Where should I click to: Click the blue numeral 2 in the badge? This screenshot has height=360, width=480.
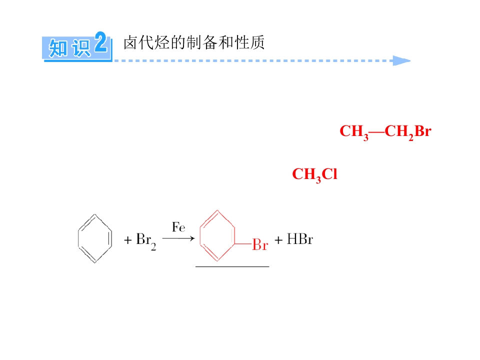[100, 42]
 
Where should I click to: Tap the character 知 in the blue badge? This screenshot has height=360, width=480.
[58, 48]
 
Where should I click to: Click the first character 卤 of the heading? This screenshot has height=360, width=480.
[130, 42]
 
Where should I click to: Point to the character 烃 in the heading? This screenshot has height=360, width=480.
[162, 42]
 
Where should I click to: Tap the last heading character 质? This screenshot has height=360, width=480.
[257, 42]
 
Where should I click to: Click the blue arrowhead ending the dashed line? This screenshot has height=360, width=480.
[401, 60]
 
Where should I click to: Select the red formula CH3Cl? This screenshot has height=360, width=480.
[314, 175]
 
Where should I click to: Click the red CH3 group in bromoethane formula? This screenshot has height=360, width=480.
[354, 132]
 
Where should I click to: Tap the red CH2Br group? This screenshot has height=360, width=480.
[408, 132]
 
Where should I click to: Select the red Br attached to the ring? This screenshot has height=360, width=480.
[260, 245]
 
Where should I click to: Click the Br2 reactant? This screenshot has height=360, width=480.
[146, 241]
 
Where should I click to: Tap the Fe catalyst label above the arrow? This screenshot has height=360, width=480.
[178, 227]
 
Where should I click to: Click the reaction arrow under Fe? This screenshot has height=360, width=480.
[178, 238]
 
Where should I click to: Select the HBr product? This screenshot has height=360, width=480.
[299, 239]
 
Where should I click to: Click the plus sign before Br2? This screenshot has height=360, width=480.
[127, 240]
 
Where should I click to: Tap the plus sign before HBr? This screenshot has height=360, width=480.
[278, 240]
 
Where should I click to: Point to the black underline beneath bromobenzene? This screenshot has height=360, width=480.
[232, 266]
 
